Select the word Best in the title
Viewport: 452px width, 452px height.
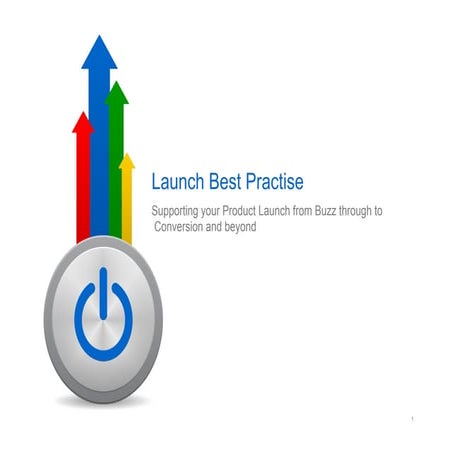(x=226, y=182)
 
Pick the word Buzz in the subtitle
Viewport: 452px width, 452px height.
(x=322, y=212)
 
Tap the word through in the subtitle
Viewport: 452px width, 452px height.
(x=363, y=212)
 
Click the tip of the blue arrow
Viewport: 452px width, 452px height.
(x=99, y=39)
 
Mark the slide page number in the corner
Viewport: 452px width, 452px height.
(x=412, y=417)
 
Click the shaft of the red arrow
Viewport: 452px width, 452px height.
(x=83, y=190)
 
